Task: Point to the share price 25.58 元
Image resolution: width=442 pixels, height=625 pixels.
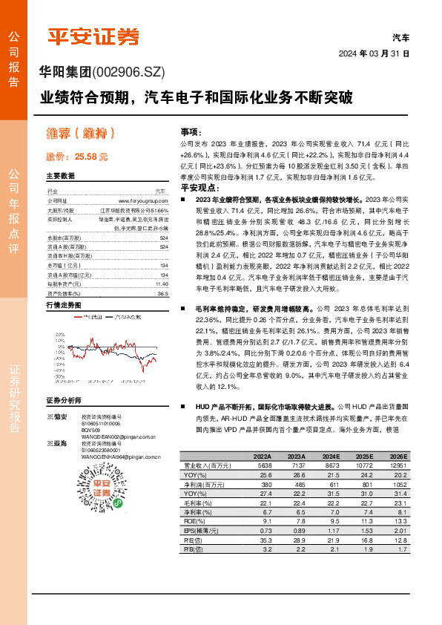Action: tap(77, 157)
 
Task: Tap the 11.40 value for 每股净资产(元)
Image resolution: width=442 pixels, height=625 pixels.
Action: tap(162, 263)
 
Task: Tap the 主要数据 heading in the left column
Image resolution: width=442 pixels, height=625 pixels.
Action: tap(61, 177)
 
